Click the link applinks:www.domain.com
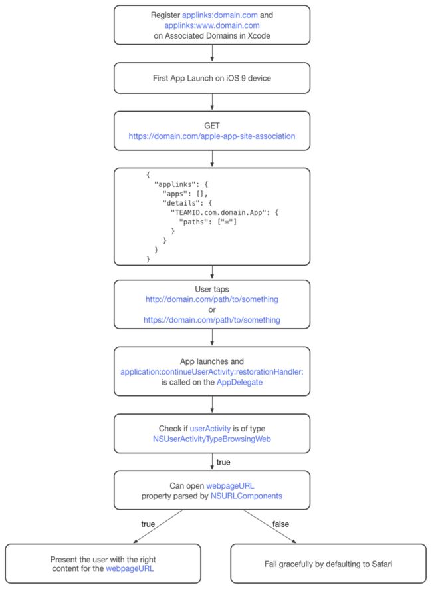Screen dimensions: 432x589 click(212, 25)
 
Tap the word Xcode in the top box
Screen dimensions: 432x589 click(259, 36)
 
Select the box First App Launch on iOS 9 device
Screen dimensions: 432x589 click(212, 78)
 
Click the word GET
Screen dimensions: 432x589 click(212, 126)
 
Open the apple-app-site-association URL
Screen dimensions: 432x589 click(212, 136)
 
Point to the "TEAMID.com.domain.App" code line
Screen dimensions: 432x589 click(225, 212)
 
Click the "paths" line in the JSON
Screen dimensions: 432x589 click(208, 222)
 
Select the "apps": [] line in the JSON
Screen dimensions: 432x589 click(185, 194)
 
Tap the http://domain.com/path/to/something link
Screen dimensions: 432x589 click(212, 299)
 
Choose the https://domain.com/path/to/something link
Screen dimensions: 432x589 click(212, 320)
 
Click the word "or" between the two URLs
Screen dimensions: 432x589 click(212, 310)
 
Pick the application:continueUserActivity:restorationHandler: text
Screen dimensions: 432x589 click(212, 372)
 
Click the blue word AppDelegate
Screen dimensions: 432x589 click(240, 382)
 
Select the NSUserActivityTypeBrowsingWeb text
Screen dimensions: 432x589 click(212, 439)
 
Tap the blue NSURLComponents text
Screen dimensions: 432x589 click(247, 496)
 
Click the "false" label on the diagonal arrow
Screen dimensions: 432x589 click(280, 524)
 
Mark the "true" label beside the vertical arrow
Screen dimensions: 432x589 click(223, 462)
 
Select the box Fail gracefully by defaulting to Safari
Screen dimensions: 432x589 click(328, 564)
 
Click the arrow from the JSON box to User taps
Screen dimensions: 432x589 click(212, 272)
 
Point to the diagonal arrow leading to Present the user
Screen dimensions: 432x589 click(158, 526)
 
